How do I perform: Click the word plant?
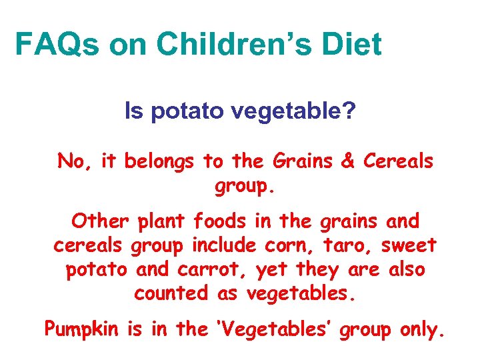click(160, 221)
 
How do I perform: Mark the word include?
click(224, 245)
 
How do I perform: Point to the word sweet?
click(409, 245)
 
